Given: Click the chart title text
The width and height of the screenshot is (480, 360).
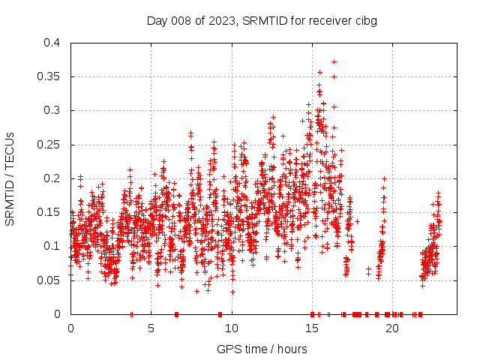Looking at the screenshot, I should tap(262, 20).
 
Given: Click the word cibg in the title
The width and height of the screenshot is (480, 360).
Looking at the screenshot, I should tap(365, 20).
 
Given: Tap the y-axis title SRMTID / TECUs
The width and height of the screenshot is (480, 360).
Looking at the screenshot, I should tap(10, 178).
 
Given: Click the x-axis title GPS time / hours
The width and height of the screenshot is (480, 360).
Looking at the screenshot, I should tap(262, 349).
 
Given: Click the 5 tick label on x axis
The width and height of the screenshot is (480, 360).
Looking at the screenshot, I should tap(151, 328).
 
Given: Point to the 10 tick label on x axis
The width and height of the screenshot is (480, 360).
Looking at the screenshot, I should tap(232, 328).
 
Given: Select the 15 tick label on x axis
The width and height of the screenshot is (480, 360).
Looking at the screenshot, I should tap(312, 328).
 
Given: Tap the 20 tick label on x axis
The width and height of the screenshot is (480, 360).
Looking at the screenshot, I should tap(392, 328).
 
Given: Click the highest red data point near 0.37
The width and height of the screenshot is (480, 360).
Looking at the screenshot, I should tap(334, 61).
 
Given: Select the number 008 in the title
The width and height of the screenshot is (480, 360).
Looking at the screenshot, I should tap(180, 20).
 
